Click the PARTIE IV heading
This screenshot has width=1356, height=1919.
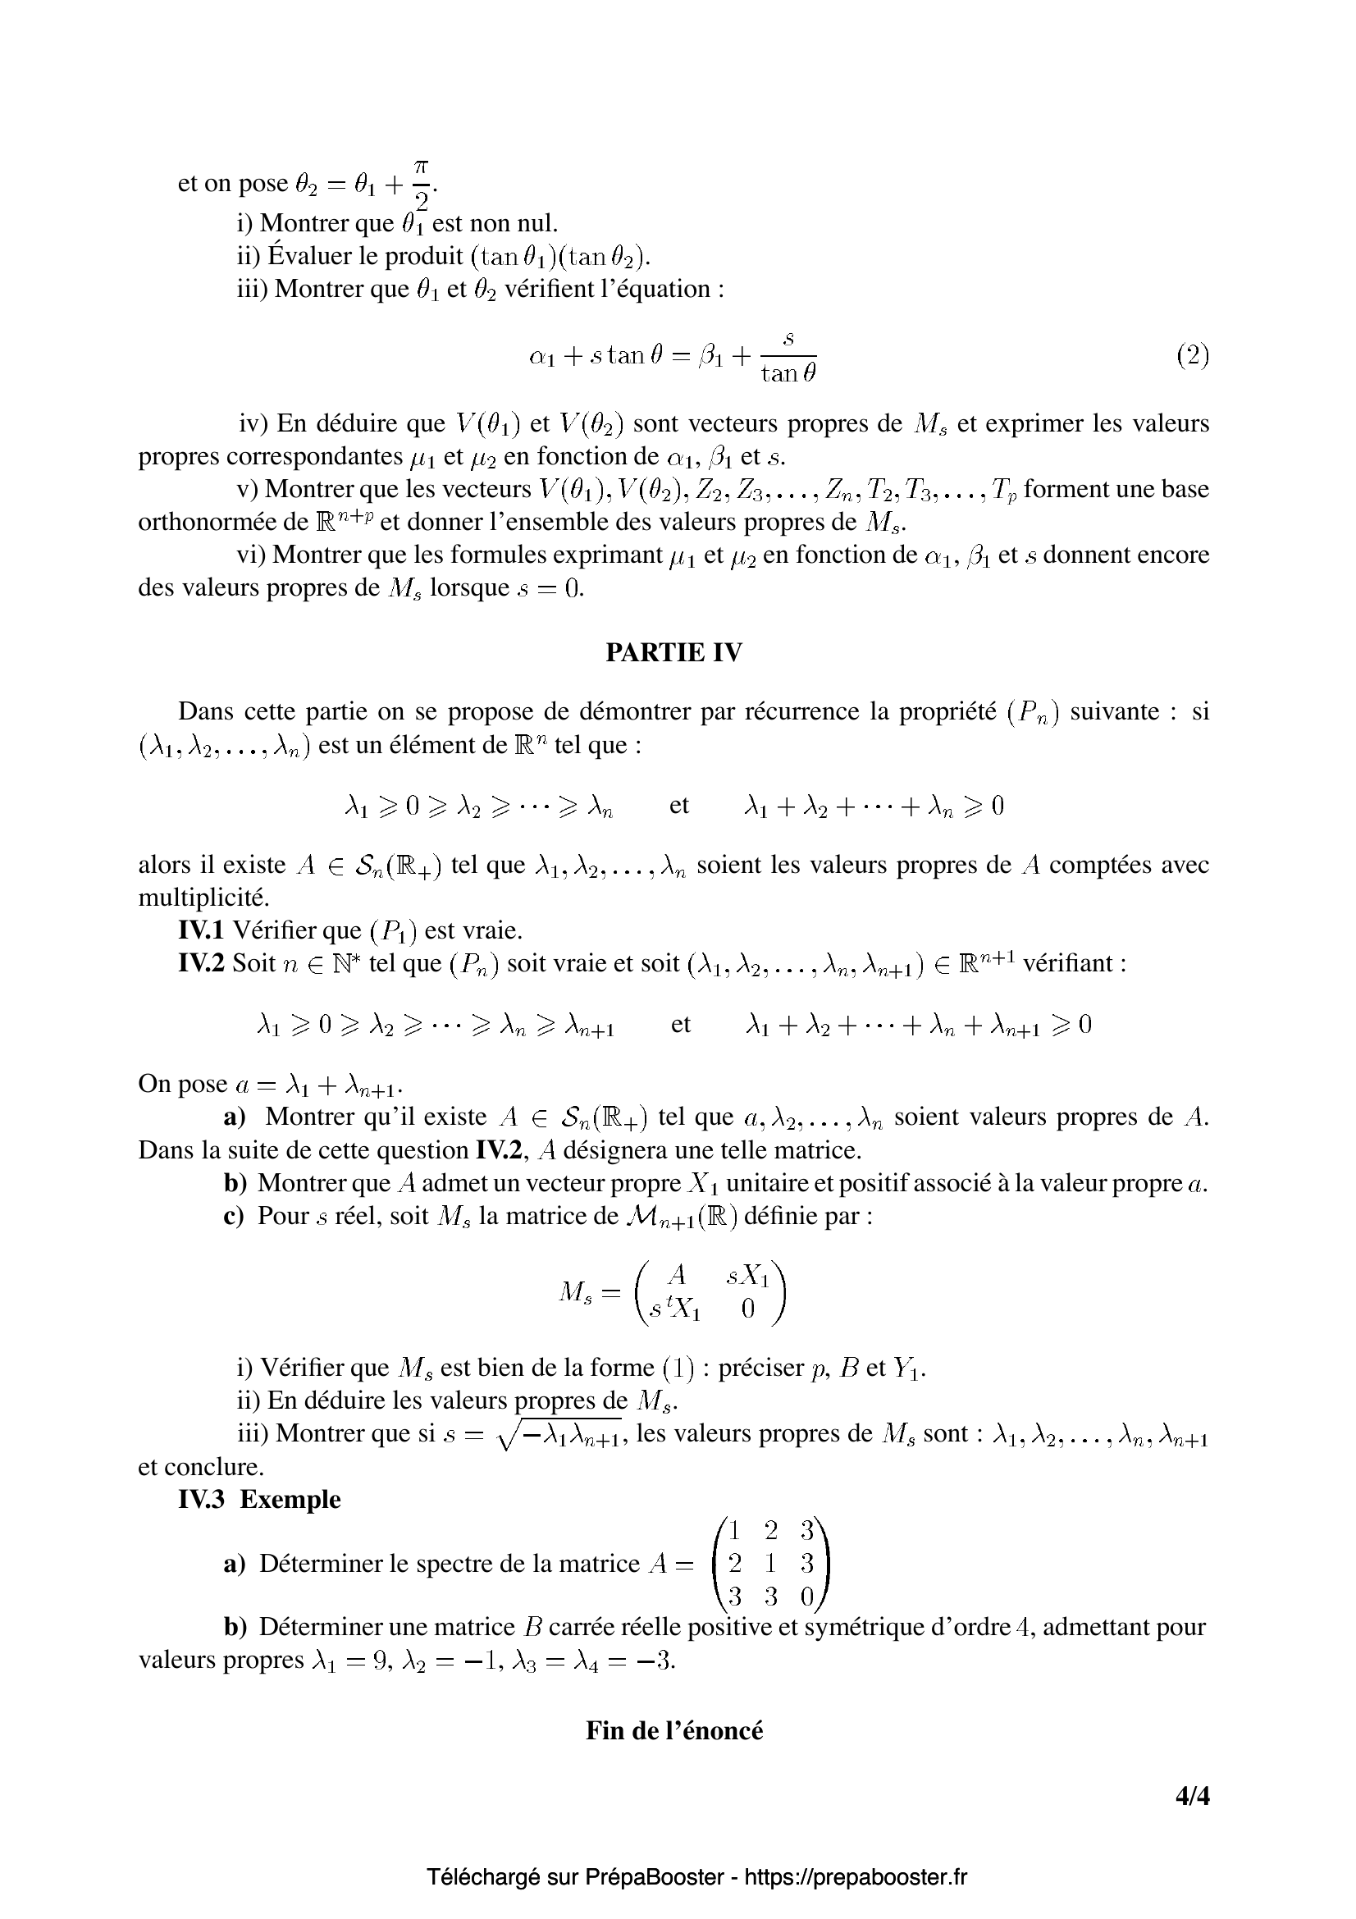point(673,653)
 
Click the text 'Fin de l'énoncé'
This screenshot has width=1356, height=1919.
point(674,1729)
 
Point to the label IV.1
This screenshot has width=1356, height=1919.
point(201,930)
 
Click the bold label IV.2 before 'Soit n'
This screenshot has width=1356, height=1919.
point(201,964)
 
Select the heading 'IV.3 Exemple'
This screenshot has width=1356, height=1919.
point(260,1499)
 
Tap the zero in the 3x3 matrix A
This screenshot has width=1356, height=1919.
point(806,1597)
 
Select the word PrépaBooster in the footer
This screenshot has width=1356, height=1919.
point(655,1877)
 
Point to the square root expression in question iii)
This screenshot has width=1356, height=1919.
point(559,1435)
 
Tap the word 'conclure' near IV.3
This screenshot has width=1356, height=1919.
point(214,1467)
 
